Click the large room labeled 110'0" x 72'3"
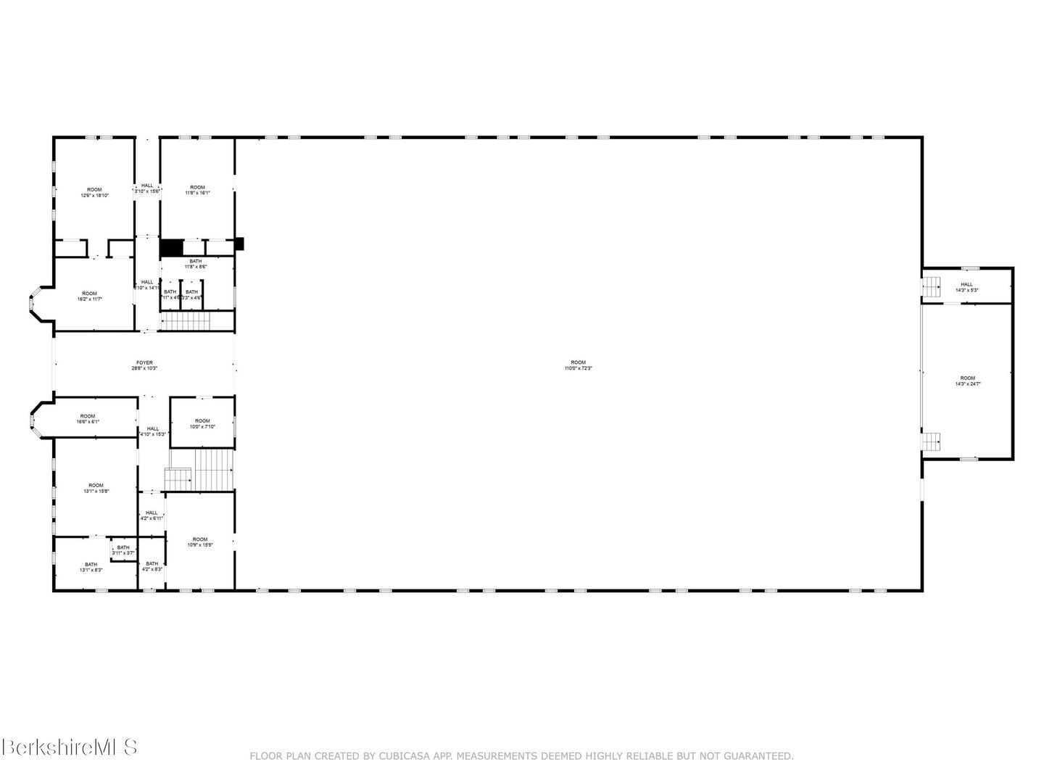[577, 365]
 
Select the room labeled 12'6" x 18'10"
[94, 192]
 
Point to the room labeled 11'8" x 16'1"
[197, 190]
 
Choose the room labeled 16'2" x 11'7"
[89, 296]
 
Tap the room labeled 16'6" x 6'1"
[88, 418]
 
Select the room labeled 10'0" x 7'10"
[202, 423]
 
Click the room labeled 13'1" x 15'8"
[96, 488]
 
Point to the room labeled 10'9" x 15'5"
[200, 542]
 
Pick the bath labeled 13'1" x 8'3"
[91, 567]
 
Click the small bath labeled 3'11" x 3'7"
[123, 550]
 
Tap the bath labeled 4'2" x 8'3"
[152, 566]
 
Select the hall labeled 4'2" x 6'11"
[151, 515]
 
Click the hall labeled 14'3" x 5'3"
[966, 287]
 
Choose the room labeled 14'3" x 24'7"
[967, 381]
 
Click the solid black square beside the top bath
[171, 247]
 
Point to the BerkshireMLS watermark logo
[70, 747]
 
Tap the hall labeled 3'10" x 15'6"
[147, 188]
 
